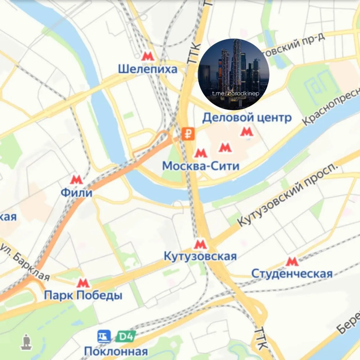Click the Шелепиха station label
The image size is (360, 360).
[148, 69]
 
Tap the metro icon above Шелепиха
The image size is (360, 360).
[148, 56]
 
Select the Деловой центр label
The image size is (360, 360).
[247, 118]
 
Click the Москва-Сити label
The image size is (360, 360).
[201, 166]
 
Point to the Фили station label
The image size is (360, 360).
[76, 193]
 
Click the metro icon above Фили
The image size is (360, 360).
[76, 179]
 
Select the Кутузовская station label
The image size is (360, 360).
[200, 256]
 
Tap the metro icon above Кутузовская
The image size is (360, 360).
[200, 244]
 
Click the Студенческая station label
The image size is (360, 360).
[292, 274]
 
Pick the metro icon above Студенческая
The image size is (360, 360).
[292, 262]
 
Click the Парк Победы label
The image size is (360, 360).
[83, 296]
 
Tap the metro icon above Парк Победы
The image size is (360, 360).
[83, 283]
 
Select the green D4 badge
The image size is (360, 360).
[125, 337]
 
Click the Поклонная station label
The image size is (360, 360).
[116, 351]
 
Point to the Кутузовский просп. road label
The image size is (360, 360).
[287, 195]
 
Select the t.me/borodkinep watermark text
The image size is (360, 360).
[235, 93]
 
